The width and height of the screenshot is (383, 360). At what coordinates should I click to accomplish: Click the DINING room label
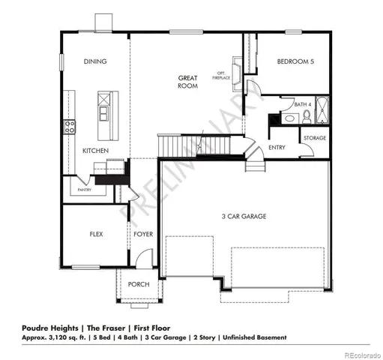point(95,61)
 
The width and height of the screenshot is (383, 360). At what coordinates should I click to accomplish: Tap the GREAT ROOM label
point(188,82)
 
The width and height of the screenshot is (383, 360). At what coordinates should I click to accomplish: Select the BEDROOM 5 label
point(295,61)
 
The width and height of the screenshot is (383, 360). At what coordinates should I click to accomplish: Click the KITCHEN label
point(96,151)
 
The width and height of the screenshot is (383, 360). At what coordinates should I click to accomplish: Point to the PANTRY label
point(85,190)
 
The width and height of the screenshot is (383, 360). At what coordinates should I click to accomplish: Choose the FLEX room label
point(96,234)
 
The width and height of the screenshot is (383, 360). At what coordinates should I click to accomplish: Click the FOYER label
point(143,234)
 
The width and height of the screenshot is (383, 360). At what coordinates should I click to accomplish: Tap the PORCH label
point(139,284)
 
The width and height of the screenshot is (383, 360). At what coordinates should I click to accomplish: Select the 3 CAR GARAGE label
point(245,216)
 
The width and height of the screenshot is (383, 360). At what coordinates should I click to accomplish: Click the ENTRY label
point(277,147)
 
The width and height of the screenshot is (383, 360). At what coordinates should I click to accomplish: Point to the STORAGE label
point(315,137)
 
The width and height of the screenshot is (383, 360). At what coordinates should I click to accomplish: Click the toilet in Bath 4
point(307,116)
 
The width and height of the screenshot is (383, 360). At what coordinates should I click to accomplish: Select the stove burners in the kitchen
point(69,126)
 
